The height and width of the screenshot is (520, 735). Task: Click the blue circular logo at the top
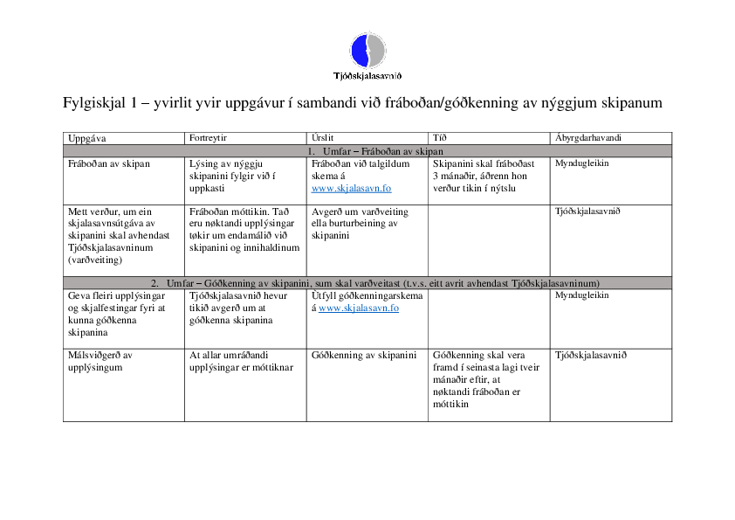[367, 50]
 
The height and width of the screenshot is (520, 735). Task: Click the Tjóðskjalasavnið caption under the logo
[367, 77]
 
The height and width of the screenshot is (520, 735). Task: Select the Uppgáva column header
[86, 138]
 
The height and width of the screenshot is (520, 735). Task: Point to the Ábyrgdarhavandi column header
[587, 138]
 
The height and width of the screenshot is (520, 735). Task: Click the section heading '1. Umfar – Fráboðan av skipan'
[367, 150]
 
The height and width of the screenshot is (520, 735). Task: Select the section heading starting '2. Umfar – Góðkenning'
[367, 282]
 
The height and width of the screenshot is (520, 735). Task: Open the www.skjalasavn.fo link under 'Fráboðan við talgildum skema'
[351, 188]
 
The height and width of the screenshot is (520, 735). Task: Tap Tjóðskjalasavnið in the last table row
[591, 355]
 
